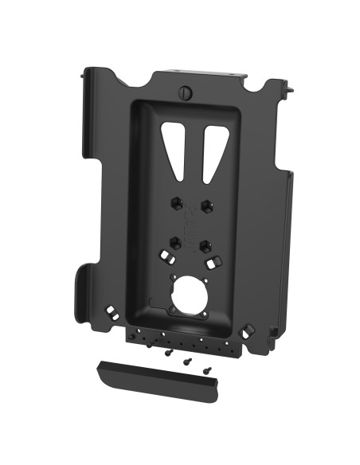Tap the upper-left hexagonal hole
click(174, 203)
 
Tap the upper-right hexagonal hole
click(207, 206)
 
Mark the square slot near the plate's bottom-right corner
click(248, 328)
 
